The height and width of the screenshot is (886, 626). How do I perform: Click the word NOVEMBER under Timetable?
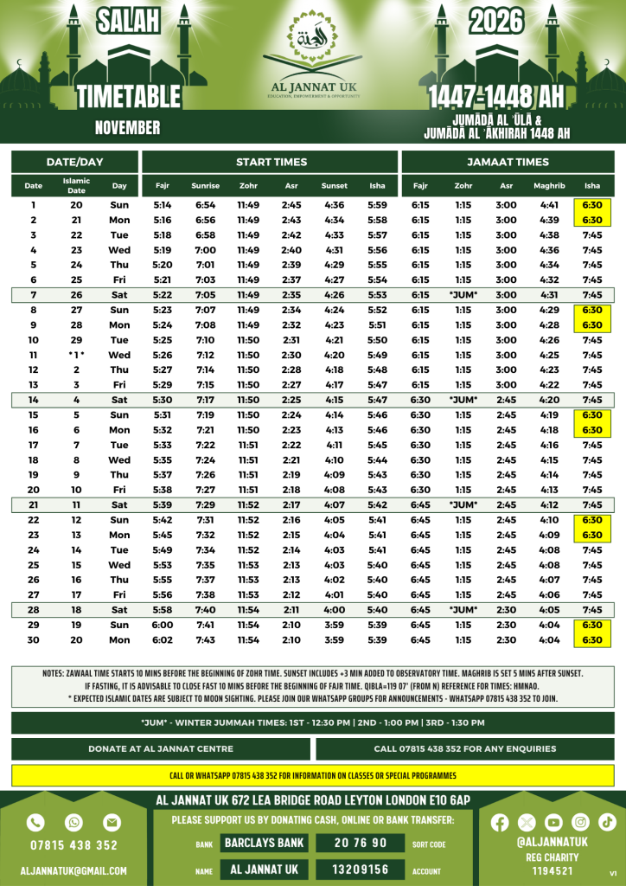point(127,128)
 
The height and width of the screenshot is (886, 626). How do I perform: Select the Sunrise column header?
point(205,186)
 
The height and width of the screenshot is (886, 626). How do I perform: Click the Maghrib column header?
point(549,186)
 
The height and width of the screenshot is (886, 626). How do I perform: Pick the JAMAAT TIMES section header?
point(508,162)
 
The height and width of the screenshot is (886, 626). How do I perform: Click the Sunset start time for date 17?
point(334,445)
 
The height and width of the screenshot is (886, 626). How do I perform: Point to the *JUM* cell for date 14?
point(463,400)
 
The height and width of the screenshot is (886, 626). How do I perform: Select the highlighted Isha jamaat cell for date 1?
point(592,205)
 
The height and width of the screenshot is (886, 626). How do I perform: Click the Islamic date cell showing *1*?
point(76,355)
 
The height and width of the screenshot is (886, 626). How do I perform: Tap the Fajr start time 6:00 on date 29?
point(163,625)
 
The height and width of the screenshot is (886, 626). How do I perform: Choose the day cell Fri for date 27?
point(119,595)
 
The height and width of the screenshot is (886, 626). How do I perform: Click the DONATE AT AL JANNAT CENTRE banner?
point(161,748)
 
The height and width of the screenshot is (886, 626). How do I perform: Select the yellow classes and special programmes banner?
point(312,775)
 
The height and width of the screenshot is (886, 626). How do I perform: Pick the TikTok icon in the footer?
point(607,822)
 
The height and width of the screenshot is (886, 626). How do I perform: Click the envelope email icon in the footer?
point(112,822)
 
